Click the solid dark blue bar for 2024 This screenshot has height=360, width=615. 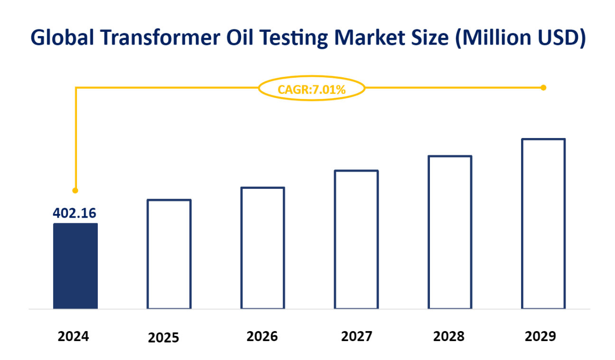click(x=75, y=266)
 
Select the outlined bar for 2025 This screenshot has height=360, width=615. click(x=169, y=254)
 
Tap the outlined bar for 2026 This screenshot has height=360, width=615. click(x=262, y=248)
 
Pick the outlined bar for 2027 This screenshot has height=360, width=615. click(x=356, y=240)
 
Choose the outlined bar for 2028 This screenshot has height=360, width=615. click(x=449, y=232)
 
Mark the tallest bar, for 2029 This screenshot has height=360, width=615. click(x=543, y=224)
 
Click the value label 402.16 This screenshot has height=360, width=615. click(x=75, y=213)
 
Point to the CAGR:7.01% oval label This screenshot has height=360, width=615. click(x=312, y=88)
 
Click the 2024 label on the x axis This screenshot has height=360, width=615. click(x=74, y=337)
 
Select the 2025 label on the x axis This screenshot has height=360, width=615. click(x=164, y=338)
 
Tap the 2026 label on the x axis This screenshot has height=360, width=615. click(x=262, y=337)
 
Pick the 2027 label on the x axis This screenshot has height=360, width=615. click(x=356, y=337)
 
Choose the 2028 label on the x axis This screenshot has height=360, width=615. click(x=448, y=337)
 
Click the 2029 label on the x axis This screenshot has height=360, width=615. click(x=540, y=337)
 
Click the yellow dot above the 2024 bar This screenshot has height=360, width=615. click(x=75, y=191)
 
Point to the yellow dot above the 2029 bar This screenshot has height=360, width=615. click(x=543, y=88)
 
